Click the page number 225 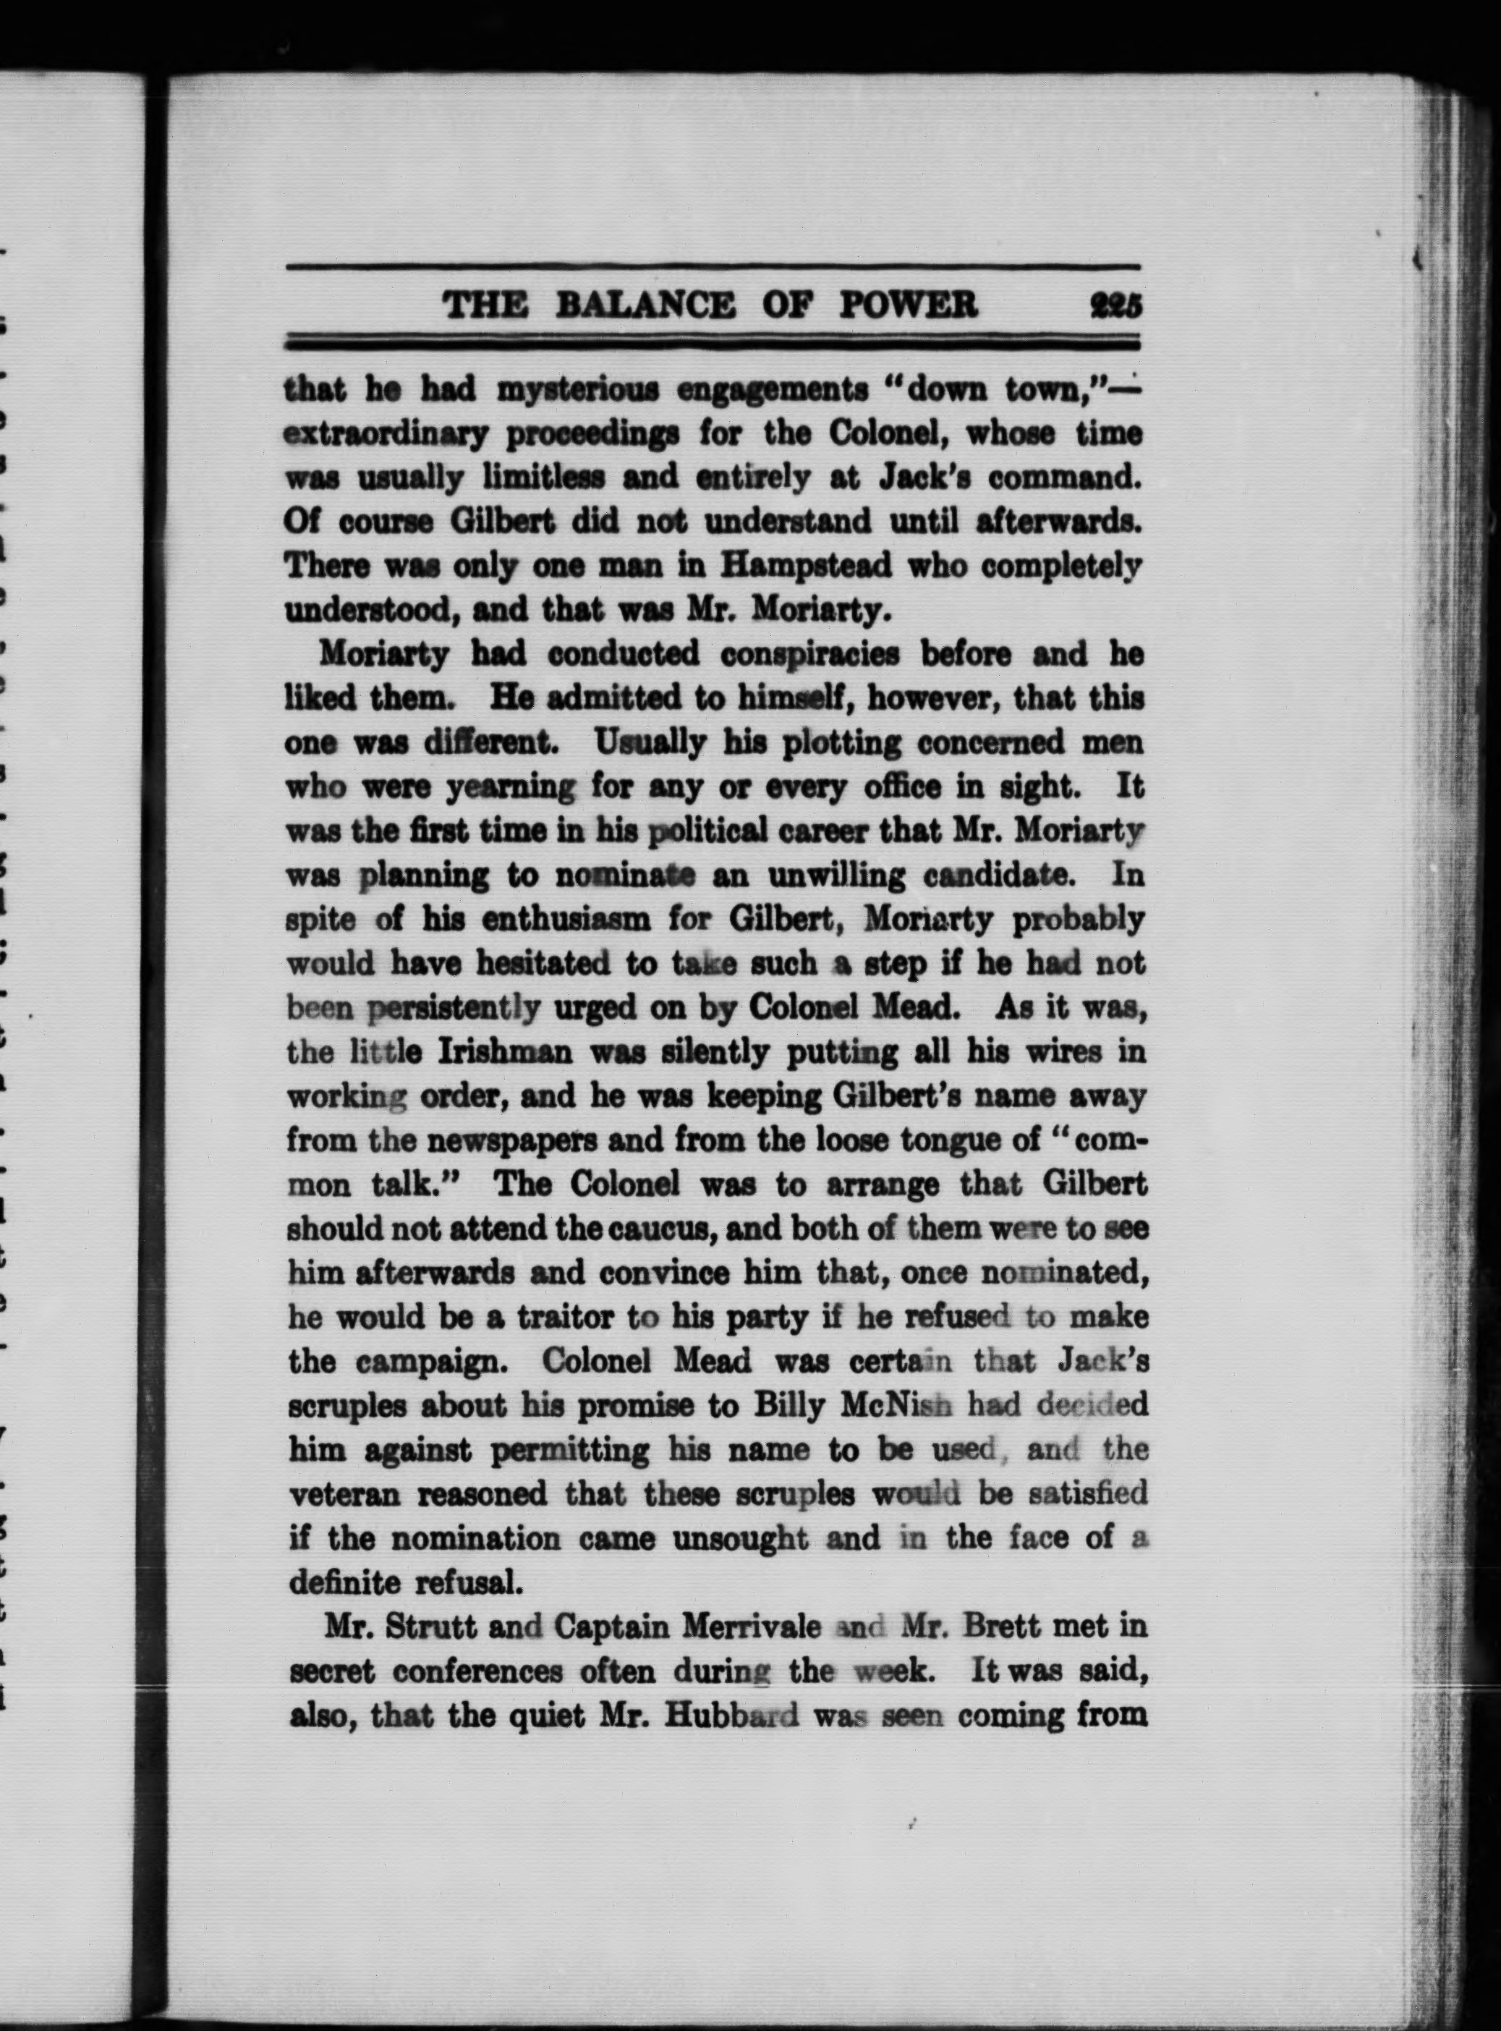point(1115,305)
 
